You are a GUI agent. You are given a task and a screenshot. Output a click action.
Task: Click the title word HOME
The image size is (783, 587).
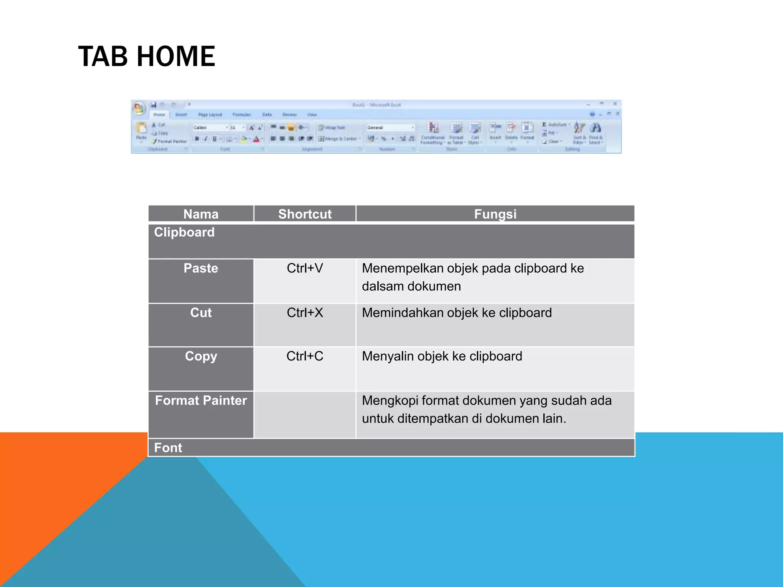coord(176,57)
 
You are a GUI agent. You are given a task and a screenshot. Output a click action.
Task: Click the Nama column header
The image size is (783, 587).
coord(201,214)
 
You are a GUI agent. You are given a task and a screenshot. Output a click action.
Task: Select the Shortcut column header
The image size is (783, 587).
coord(305,214)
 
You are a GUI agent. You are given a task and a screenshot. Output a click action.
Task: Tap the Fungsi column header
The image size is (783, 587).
coord(495,214)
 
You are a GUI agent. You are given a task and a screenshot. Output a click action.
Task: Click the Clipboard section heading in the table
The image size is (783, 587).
coord(184,232)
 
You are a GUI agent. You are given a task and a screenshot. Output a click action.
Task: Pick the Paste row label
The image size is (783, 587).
coord(201,268)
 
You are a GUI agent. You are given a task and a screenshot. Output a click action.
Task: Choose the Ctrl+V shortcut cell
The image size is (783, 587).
coord(305,268)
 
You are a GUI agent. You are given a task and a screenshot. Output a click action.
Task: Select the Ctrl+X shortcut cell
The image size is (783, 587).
coord(305,313)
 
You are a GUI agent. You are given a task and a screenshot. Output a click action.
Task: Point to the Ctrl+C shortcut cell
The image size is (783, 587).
coord(305,356)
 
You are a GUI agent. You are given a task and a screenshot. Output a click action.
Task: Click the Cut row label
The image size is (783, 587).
coord(201,313)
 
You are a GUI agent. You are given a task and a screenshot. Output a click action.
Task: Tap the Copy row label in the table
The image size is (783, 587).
coord(201,356)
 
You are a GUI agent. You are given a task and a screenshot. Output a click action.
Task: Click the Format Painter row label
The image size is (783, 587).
coord(201,401)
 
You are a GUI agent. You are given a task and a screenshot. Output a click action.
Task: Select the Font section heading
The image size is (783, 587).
coord(168,448)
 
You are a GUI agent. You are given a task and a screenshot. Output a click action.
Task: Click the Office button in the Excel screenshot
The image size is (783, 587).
coord(139,108)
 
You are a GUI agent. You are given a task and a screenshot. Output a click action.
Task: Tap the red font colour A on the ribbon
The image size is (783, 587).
coord(257,139)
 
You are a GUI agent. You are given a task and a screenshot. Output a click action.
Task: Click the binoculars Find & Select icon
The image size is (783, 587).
coord(595,128)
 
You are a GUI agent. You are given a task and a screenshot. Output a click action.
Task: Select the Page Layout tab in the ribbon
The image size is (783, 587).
coord(210,115)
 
